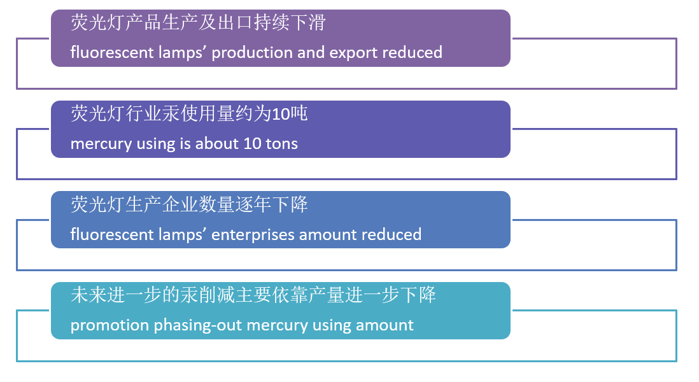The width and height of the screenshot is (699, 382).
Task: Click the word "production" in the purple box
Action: tap(252, 53)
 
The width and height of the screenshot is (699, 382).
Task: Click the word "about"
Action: tap(217, 143)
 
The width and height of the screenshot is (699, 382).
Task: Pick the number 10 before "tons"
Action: tap(252, 143)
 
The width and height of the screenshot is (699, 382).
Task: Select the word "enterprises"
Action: tap(253, 235)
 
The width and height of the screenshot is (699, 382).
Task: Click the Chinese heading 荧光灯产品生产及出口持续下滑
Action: tap(199, 22)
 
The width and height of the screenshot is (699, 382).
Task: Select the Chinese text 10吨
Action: tap(289, 114)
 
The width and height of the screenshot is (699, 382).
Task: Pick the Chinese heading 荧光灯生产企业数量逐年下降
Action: tap(189, 204)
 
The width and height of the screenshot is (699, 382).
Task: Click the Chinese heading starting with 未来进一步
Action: tap(253, 295)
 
